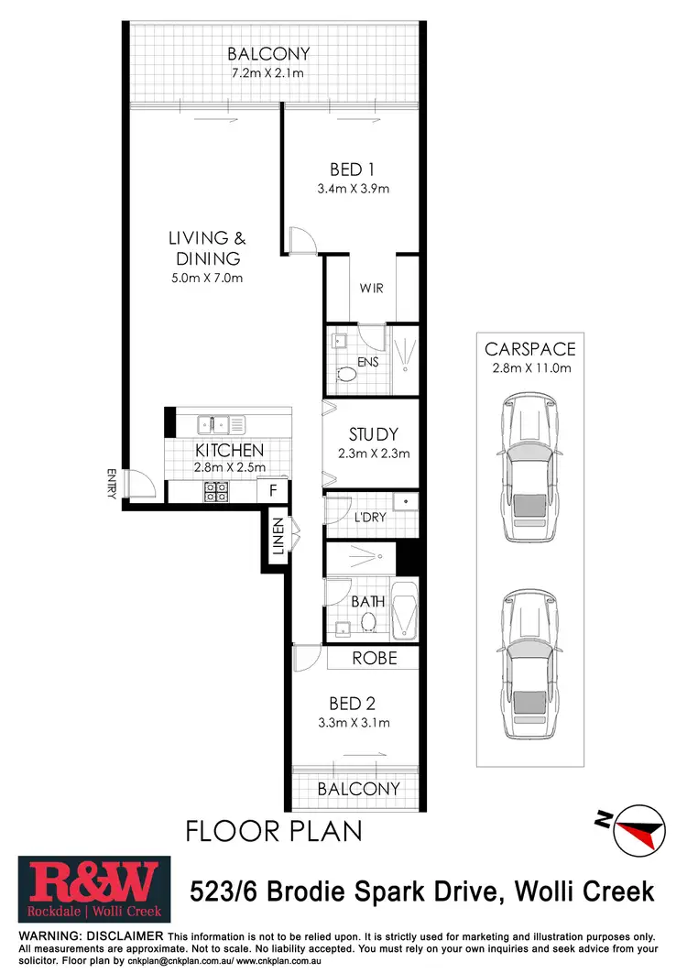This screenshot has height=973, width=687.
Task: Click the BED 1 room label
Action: point(353,169)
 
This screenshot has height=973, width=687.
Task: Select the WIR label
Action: point(371,289)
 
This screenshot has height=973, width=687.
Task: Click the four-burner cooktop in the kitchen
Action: point(215,491)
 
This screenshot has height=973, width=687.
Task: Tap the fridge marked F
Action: point(273,491)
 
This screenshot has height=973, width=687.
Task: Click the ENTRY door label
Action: point(112,484)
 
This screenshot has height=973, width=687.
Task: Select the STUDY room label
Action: point(374,433)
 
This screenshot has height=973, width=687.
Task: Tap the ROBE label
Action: point(375,658)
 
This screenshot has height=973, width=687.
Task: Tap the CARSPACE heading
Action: point(530,349)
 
